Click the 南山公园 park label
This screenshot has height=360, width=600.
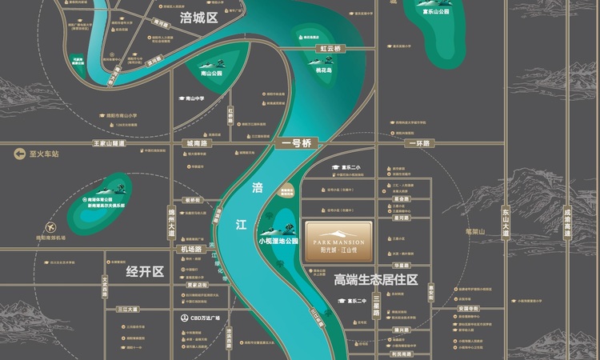210,73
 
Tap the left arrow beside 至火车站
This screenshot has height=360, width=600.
17,153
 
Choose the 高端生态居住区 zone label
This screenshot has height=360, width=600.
376,280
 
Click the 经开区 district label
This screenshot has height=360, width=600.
145,272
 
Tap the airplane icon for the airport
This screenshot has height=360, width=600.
52,226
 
